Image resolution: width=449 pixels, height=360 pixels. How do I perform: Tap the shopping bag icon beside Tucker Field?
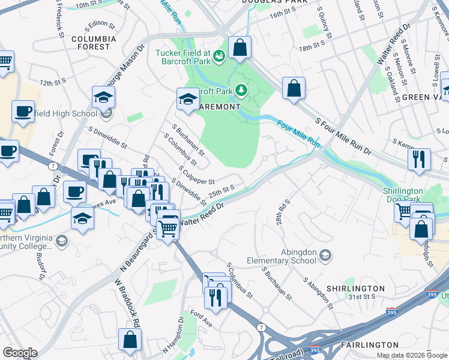pyautogui.click(x=240, y=49)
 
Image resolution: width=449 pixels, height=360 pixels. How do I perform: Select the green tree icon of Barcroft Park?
pyautogui.click(x=241, y=91)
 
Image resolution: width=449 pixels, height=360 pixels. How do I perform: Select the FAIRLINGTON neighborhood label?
pyautogui.click(x=369, y=344)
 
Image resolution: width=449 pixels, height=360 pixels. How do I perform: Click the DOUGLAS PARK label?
pyautogui.click(x=270, y=2)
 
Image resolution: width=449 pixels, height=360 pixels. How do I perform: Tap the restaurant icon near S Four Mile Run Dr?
pyautogui.click(x=418, y=160)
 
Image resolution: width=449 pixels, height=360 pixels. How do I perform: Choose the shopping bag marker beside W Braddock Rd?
pyautogui.click(x=130, y=340)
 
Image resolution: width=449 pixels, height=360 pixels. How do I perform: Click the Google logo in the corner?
pyautogui.click(x=20, y=353)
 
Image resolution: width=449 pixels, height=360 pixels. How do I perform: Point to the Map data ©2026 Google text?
pyautogui.click(x=412, y=355)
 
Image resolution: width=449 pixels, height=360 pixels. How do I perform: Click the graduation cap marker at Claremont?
pyautogui.click(x=188, y=100)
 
